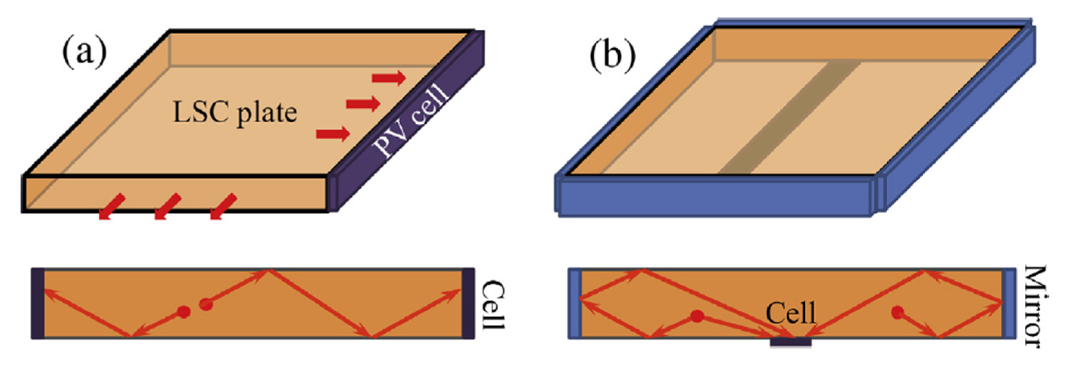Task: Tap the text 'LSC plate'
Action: (x=234, y=113)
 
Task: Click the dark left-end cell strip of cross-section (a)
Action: (x=38, y=304)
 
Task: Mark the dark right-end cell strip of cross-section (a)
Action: (x=468, y=304)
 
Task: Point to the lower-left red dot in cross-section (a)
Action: (x=184, y=311)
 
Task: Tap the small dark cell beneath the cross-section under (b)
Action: (x=791, y=342)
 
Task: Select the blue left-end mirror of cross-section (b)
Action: (x=575, y=304)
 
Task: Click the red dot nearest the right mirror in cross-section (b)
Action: (x=898, y=312)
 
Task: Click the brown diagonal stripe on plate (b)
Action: (x=786, y=120)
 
